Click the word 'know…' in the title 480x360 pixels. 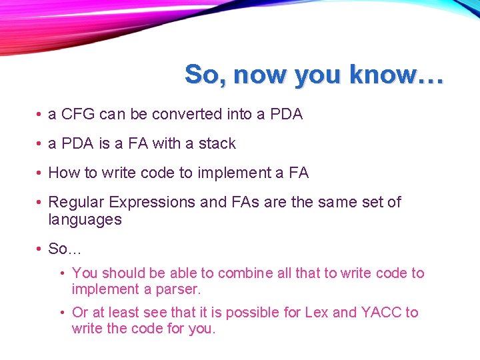coord(403,74)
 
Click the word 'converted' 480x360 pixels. coord(187,114)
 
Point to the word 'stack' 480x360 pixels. coord(217,143)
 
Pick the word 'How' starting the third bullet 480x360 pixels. coord(63,173)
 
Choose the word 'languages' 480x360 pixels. coord(85,219)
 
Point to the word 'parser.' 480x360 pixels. coord(178,289)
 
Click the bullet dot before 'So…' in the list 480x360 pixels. coord(40,249)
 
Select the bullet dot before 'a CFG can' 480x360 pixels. coord(40,115)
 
